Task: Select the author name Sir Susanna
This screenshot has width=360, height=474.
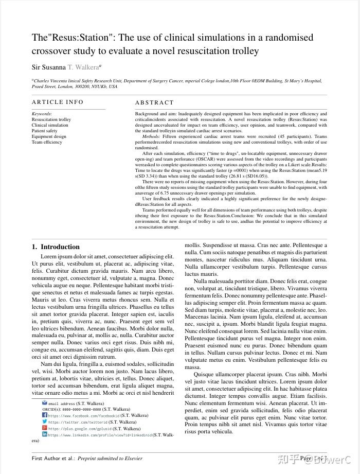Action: tap(49, 67)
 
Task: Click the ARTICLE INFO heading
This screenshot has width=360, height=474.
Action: tap(58, 102)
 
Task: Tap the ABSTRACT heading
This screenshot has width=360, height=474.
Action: tap(155, 102)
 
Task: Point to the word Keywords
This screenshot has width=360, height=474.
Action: tap(42, 114)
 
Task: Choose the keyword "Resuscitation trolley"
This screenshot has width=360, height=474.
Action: tap(51, 119)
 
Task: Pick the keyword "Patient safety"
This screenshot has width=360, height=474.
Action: tap(45, 131)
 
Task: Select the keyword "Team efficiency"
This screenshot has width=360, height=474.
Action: tap(47, 142)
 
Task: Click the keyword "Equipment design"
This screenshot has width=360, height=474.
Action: tap(49, 136)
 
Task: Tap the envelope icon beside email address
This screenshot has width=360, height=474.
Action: tap(45, 403)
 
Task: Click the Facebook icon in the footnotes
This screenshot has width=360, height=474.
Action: tap(45, 415)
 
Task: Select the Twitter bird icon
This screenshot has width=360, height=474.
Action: tap(45, 422)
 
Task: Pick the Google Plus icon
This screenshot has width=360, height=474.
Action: tap(45, 428)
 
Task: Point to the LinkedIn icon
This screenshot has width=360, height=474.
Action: tap(45, 434)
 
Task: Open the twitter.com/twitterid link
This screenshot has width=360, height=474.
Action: tap(78, 422)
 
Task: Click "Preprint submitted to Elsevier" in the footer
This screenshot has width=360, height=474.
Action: tap(110, 458)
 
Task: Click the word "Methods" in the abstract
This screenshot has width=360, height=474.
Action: tap(151, 136)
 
